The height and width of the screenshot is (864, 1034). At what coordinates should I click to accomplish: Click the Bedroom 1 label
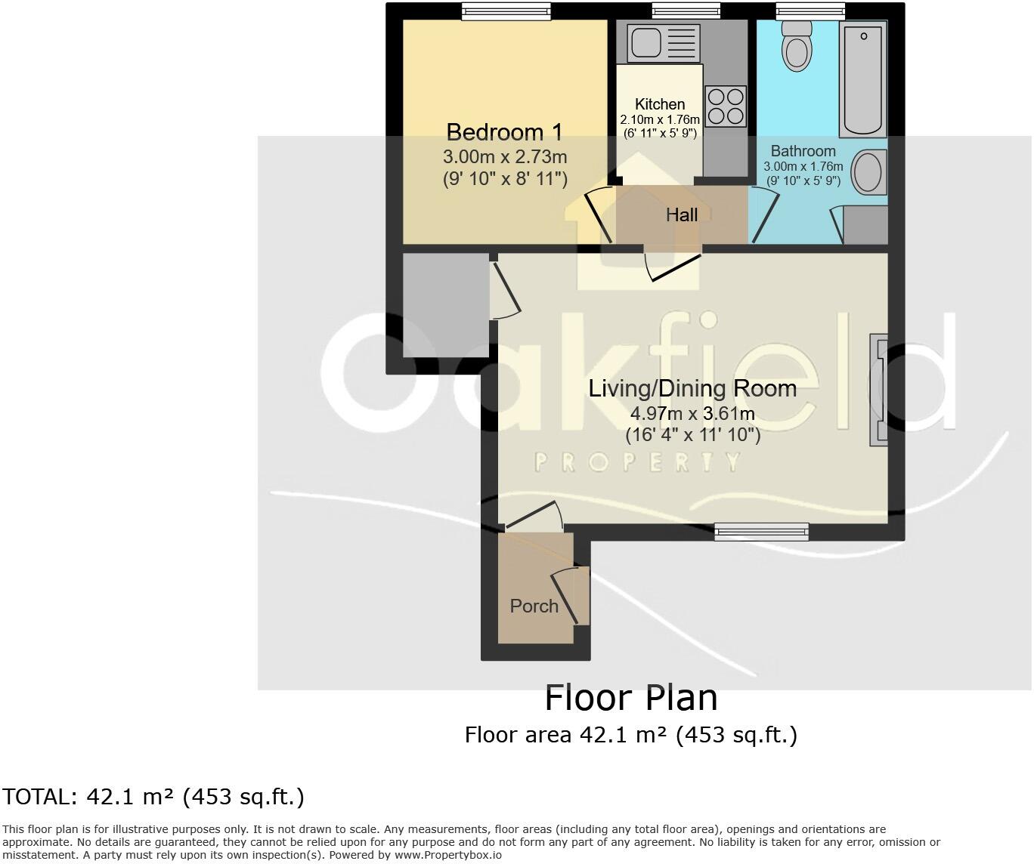pyautogui.click(x=505, y=132)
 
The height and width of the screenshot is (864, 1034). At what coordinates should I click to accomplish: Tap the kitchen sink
pyautogui.click(x=664, y=44)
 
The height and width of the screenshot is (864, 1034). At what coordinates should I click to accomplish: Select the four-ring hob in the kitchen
pyautogui.click(x=726, y=106)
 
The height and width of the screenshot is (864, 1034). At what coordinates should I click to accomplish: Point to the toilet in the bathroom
pyautogui.click(x=797, y=46)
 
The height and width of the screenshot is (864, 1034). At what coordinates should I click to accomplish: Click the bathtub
pyautogui.click(x=862, y=79)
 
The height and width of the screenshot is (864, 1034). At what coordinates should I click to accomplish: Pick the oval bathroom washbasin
pyautogui.click(x=869, y=172)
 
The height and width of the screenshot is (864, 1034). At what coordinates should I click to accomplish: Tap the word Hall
pyautogui.click(x=682, y=214)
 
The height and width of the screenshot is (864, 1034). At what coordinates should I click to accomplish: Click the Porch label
pyautogui.click(x=534, y=606)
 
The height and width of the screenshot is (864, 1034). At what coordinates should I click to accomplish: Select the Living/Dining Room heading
pyautogui.click(x=692, y=388)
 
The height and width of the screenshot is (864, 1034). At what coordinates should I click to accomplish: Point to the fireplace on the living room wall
pyautogui.click(x=878, y=390)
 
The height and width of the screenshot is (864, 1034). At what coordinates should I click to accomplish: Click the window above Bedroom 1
pyautogui.click(x=506, y=11)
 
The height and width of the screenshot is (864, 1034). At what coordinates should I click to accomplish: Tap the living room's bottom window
pyautogui.click(x=762, y=532)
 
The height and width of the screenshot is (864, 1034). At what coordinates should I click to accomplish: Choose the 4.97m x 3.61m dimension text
pyautogui.click(x=692, y=413)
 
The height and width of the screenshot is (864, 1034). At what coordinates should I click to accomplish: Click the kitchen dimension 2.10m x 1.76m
pyautogui.click(x=660, y=119)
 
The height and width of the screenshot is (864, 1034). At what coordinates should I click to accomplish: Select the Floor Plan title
pyautogui.click(x=631, y=699)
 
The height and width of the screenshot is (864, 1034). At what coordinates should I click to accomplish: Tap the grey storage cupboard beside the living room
pyautogui.click(x=446, y=305)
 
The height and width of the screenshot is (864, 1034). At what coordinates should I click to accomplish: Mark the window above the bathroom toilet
pyautogui.click(x=810, y=11)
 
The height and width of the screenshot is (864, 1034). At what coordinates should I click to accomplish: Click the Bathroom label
pyautogui.click(x=803, y=151)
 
